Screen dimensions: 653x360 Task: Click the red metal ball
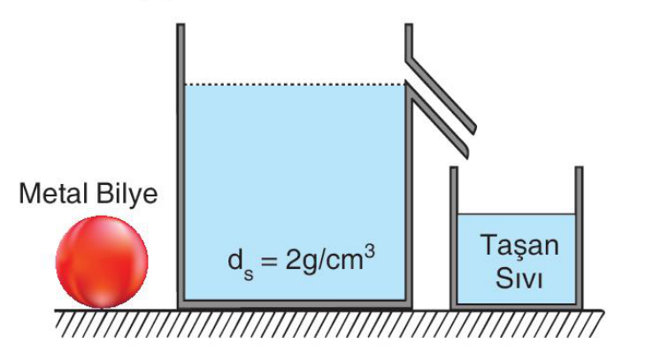click(x=102, y=262)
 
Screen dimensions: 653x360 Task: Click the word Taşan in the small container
click(x=519, y=247)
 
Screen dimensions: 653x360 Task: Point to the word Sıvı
click(x=519, y=277)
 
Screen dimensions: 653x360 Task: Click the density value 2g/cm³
click(x=330, y=259)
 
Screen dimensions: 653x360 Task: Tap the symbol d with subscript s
click(x=241, y=263)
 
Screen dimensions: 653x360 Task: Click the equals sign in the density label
click(x=269, y=261)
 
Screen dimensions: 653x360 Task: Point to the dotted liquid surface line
click(x=295, y=85)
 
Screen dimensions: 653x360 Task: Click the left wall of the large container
click(x=181, y=165)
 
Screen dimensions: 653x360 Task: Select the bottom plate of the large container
click(x=295, y=304)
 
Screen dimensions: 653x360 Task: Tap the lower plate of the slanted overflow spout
click(x=437, y=120)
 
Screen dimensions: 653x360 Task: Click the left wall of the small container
click(x=454, y=237)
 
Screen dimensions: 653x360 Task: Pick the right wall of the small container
click(x=579, y=237)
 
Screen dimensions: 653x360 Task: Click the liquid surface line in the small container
click(x=517, y=214)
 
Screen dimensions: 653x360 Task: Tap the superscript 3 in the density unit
click(x=369, y=251)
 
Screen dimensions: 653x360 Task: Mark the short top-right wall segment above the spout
click(x=409, y=42)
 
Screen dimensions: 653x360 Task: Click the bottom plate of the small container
click(x=517, y=306)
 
